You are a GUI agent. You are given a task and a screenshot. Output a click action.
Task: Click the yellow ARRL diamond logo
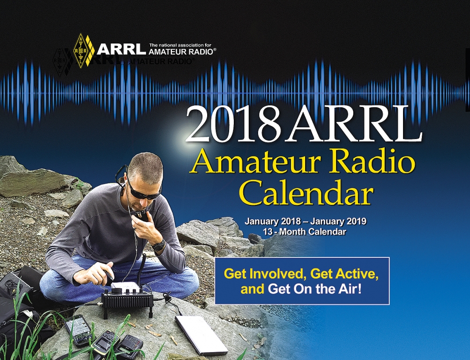pos(83,50)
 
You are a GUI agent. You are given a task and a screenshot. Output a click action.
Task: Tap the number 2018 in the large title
pos(233,123)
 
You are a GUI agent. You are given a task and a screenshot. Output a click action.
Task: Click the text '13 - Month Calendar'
pos(305,232)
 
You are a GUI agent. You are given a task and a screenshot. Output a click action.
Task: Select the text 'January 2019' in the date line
pos(338,221)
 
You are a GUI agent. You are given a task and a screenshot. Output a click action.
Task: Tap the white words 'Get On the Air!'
pos(315,289)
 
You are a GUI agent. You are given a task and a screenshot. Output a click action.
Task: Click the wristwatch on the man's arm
pos(159,246)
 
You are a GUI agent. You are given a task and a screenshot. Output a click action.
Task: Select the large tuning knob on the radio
pos(117,291)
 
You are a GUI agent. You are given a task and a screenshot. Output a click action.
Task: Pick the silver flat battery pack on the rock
pos(201,335)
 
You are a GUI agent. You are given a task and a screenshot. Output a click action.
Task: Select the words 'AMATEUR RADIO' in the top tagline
pos(181,52)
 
